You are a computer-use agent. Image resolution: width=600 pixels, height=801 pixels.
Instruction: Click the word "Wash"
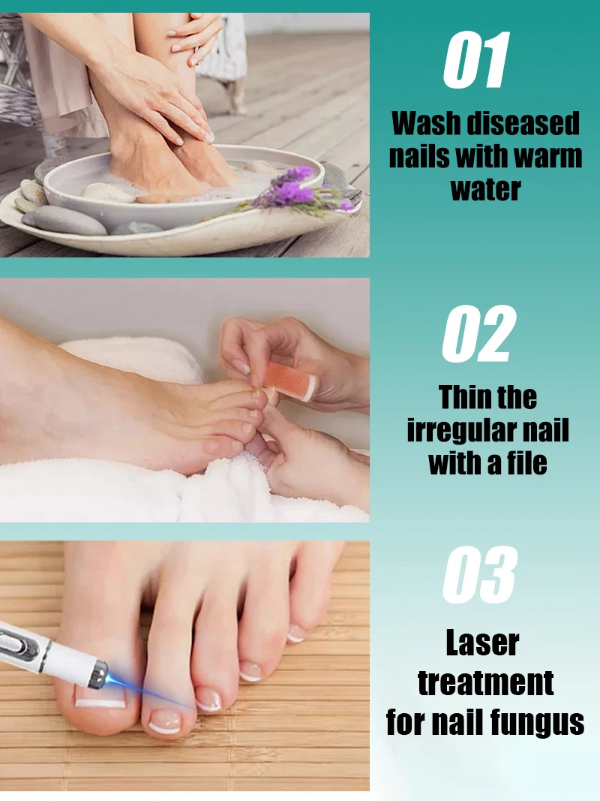(x=424, y=124)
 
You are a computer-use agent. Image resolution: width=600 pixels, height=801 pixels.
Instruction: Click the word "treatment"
(x=485, y=683)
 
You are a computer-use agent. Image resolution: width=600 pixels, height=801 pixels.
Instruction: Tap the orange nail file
(x=290, y=381)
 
